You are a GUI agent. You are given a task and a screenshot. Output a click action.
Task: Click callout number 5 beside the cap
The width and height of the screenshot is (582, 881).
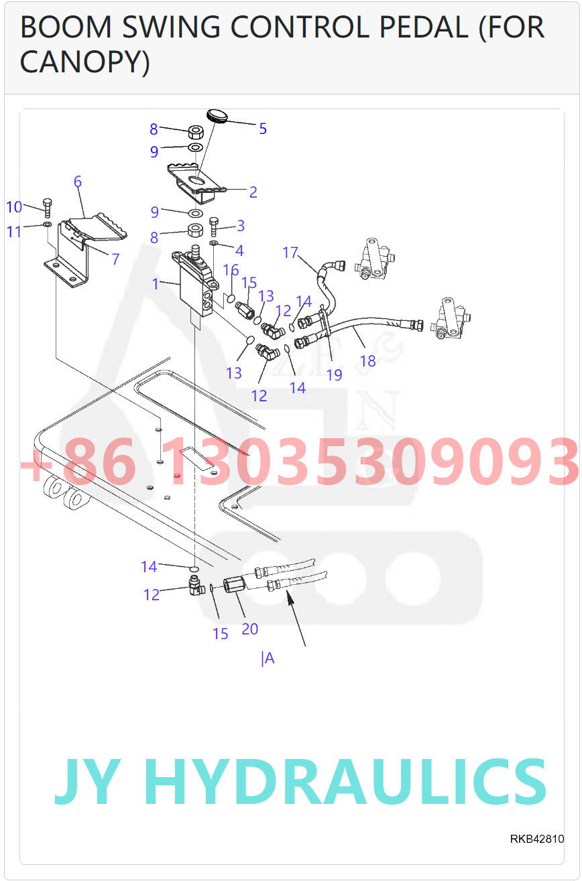tap(263, 129)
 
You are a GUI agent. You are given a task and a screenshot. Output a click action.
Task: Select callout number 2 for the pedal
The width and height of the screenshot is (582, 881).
tap(253, 192)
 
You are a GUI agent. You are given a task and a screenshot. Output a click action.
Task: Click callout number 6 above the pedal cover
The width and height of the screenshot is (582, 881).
tap(78, 182)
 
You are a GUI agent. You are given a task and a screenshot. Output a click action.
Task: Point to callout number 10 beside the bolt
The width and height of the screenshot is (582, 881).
tap(14, 207)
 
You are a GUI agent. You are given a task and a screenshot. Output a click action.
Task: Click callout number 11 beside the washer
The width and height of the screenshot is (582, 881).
tap(14, 232)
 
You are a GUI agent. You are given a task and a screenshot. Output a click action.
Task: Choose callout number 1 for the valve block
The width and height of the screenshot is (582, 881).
tap(156, 284)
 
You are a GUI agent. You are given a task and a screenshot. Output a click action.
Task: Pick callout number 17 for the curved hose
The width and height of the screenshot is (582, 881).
tap(290, 253)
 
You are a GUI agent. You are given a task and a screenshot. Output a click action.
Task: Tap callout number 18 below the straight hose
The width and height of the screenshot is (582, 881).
tap(367, 361)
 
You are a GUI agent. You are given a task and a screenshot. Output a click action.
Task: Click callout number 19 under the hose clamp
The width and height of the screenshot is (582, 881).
tap(334, 375)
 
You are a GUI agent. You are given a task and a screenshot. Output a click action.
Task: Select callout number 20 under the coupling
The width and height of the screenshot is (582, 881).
tap(249, 629)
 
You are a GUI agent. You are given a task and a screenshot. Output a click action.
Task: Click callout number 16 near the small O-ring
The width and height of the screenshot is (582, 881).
tap(231, 270)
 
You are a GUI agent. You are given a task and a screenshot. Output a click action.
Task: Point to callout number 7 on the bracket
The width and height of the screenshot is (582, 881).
tap(115, 259)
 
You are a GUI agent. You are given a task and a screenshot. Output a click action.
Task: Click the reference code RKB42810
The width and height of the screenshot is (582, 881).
tap(536, 839)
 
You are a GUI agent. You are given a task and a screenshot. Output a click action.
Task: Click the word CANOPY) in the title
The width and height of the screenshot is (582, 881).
tap(84, 62)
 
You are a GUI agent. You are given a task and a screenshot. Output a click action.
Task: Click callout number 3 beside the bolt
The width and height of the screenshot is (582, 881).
tap(240, 226)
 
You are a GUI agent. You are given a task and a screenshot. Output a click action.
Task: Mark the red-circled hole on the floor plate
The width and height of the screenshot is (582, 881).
tap(177, 476)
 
